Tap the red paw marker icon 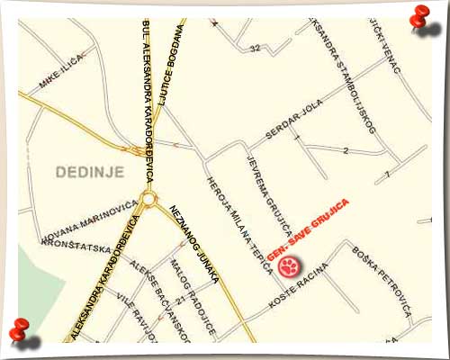coord(289,265)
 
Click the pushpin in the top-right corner coord(418,18)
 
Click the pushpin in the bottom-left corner coord(22,332)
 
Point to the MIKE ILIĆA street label coord(61,73)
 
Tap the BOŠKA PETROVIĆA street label coord(382,282)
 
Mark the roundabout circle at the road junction coord(148,198)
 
